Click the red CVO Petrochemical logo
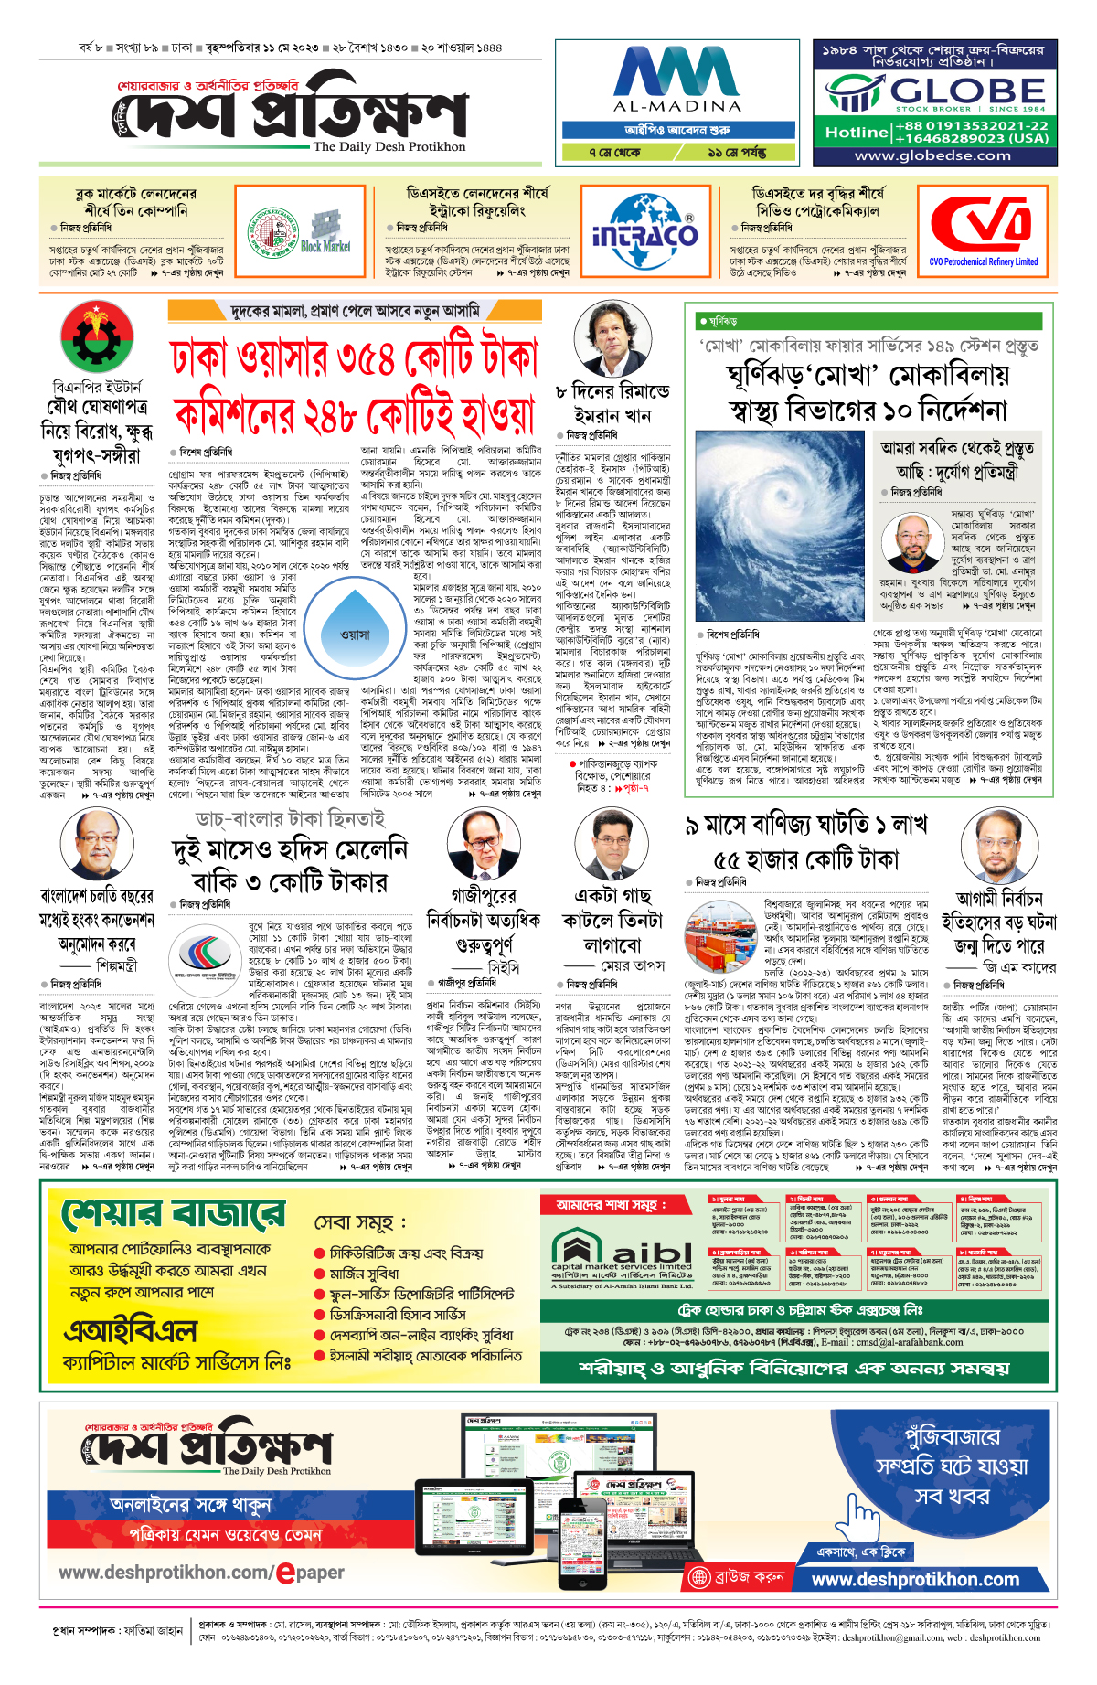click(983, 225)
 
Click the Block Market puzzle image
click(325, 232)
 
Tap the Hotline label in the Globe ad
click(856, 133)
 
